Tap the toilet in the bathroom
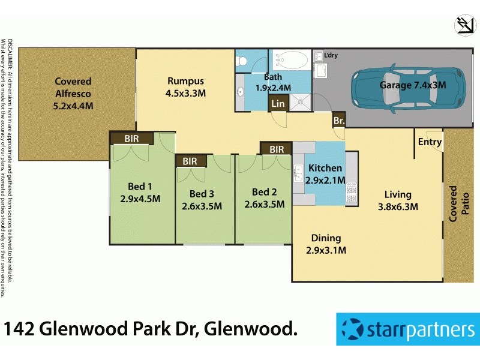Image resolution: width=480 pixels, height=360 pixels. (x=242, y=61)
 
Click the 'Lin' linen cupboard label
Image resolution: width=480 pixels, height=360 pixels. (x=278, y=104)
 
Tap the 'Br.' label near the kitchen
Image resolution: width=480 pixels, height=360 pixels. (x=339, y=120)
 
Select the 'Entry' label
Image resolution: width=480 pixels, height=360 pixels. (x=430, y=142)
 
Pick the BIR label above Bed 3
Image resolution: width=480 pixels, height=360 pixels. (x=190, y=161)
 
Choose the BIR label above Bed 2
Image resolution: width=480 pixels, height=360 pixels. (x=277, y=149)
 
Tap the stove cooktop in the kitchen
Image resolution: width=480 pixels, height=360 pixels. (x=352, y=193)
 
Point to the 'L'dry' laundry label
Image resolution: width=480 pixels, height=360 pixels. (x=331, y=56)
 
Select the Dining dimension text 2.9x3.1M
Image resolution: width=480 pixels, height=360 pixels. (x=326, y=250)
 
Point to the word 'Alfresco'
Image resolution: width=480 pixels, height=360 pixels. (x=73, y=94)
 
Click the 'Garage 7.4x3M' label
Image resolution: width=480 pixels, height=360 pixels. (x=413, y=85)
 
